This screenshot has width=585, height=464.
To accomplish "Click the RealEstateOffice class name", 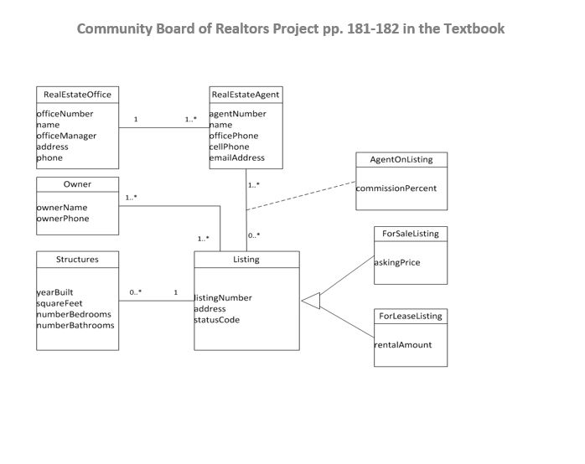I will point(77,95).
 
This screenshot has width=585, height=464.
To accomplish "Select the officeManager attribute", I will point(66,136).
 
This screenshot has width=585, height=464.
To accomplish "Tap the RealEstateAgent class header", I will point(246,95).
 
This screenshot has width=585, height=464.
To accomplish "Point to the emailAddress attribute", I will point(236,157).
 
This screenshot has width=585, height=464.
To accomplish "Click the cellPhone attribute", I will point(229,147).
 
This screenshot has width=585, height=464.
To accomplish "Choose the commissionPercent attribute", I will point(396,188).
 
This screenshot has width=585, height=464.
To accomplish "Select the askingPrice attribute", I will point(397,262).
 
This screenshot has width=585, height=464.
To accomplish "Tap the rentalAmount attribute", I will point(403,344).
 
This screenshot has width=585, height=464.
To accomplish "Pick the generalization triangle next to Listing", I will point(311,300).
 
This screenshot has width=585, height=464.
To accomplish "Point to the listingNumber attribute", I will point(223,298).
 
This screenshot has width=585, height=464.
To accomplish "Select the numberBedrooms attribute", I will point(74,314).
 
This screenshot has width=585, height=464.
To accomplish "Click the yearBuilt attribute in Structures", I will point(54,292).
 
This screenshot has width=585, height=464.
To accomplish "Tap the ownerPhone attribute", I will point(63,219).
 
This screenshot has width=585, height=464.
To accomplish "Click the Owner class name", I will point(77,184).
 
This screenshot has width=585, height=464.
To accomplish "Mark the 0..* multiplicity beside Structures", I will point(135,292).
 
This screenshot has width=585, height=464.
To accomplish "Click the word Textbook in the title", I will point(474,28).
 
